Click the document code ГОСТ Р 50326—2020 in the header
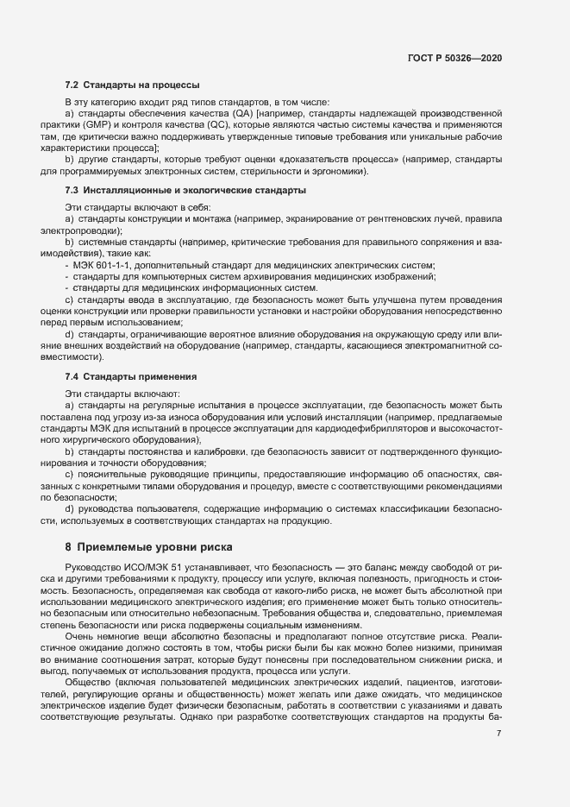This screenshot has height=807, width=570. click(454, 58)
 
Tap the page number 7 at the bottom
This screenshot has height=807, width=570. click(499, 734)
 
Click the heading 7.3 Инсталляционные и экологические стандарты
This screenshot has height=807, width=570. click(185, 189)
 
